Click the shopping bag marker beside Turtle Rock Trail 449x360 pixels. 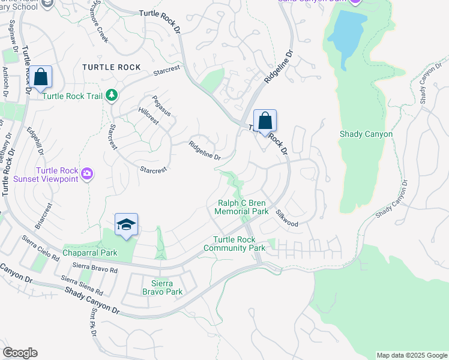click(x=41, y=78)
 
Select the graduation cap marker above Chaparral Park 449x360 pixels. click(x=126, y=226)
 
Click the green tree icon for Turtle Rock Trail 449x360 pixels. click(x=110, y=95)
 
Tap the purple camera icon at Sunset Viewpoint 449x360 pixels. click(x=88, y=174)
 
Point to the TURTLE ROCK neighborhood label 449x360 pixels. click(x=112, y=67)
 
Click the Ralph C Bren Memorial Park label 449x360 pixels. click(x=243, y=208)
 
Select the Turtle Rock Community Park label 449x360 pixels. click(x=234, y=244)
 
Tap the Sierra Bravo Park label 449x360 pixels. click(x=161, y=287)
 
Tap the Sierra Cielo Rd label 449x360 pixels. click(x=40, y=248)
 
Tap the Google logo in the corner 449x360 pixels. click(x=20, y=353)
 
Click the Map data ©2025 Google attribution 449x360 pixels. click(x=411, y=355)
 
